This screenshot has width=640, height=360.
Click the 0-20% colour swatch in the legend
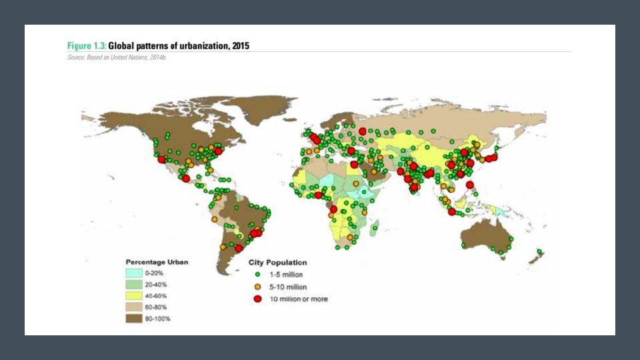tap(134, 273)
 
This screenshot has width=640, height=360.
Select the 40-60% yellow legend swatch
tap(134, 296)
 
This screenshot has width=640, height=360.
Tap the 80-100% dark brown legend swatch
tap(134, 319)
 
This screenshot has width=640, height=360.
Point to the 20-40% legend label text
tap(155, 285)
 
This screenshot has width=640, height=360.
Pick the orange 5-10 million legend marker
tap(257, 287)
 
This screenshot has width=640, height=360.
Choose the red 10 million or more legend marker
tap(257, 299)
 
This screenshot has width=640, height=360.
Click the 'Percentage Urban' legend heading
tap(157, 262)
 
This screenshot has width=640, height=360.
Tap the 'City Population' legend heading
tap(277, 263)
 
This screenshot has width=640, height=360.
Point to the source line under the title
tap(117, 58)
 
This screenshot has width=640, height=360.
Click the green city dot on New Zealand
tap(539, 252)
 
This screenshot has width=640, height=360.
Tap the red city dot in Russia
tap(362, 131)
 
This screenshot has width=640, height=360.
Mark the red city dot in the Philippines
tap(469, 185)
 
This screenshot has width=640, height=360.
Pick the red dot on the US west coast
tap(161, 159)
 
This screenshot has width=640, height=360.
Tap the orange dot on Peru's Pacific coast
tap(214, 219)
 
